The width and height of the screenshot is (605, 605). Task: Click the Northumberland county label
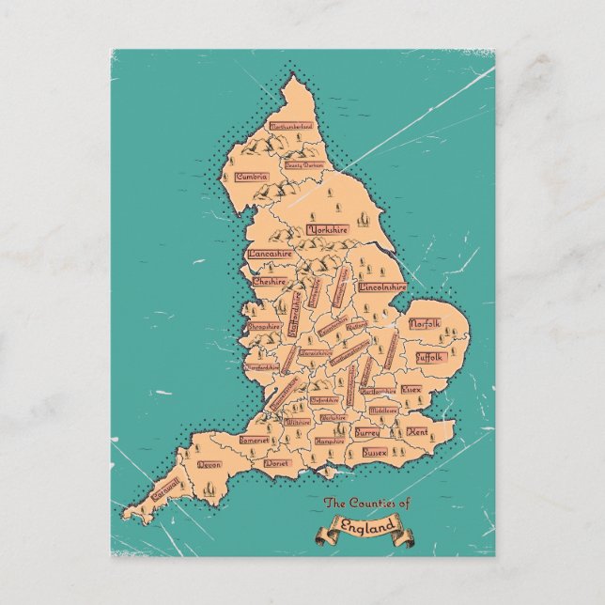[291, 126]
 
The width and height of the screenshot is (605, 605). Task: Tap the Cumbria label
[252, 177]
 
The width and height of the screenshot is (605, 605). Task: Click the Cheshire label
[270, 280]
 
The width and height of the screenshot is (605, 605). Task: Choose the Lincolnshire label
[382, 286]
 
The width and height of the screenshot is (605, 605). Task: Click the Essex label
[411, 388]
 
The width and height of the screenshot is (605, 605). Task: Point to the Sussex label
[375, 452]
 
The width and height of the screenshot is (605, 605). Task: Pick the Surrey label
[365, 433]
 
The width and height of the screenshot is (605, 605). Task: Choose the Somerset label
[254, 440]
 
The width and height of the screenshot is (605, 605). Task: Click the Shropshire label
[264, 327]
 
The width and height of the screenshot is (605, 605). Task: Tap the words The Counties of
[367, 505]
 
